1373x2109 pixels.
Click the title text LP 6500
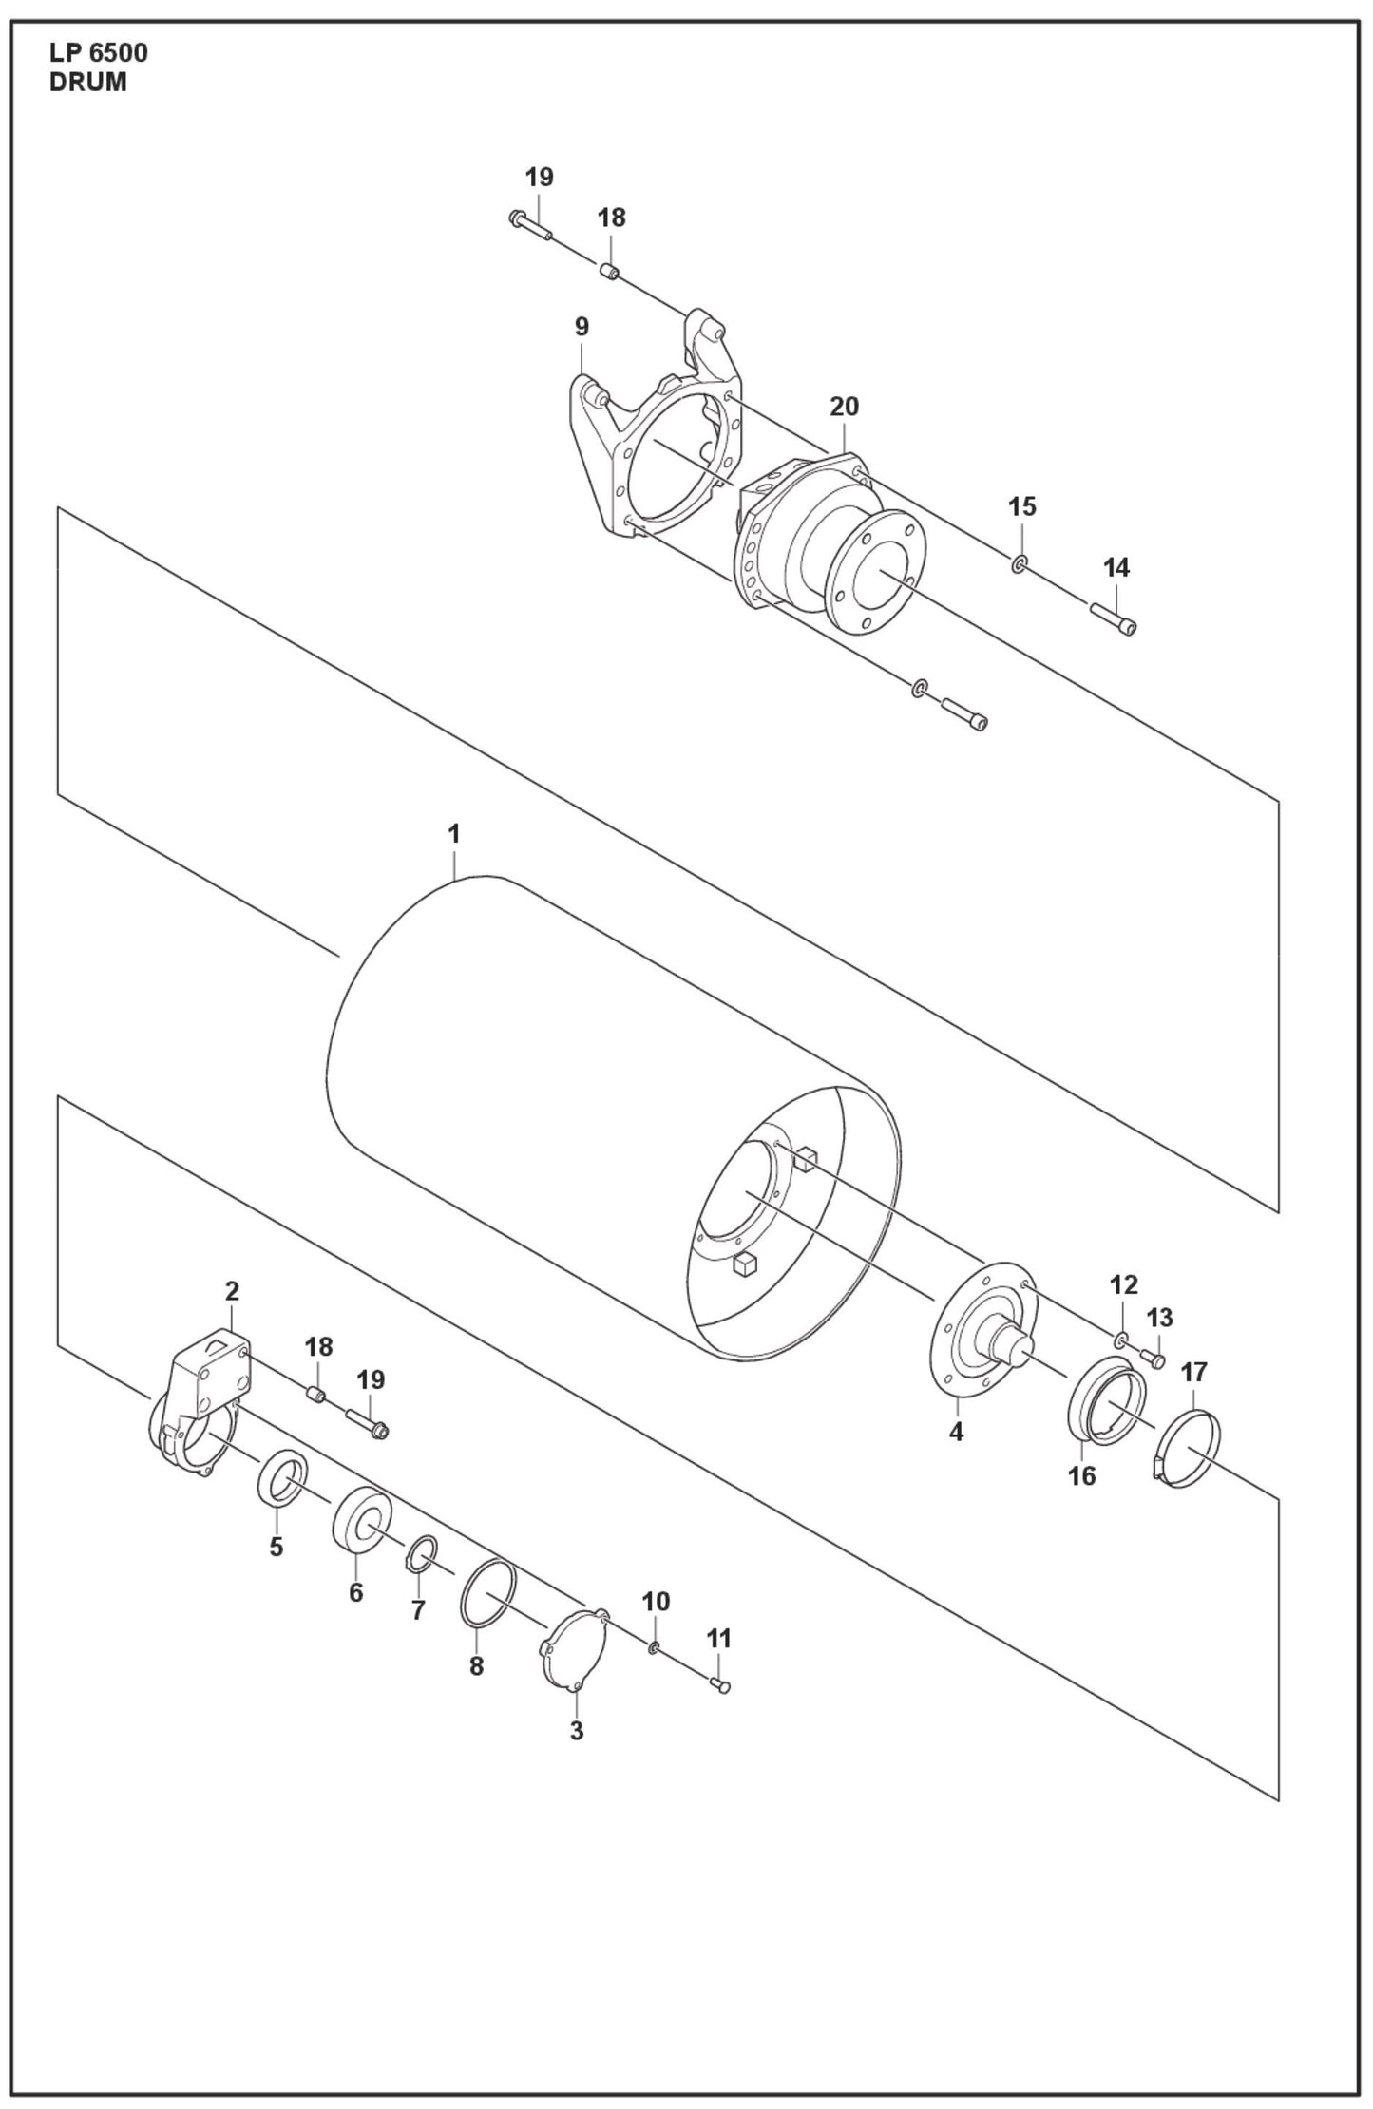click(x=98, y=53)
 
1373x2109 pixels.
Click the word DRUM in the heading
click(x=87, y=83)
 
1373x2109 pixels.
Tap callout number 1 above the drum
click(x=453, y=834)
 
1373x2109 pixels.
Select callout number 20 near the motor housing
click(x=844, y=407)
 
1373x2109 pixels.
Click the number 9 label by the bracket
click(x=582, y=328)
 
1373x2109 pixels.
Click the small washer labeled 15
click(x=1019, y=566)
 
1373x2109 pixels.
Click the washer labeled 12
click(x=1121, y=1339)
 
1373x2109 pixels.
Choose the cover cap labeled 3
click(x=576, y=1649)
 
